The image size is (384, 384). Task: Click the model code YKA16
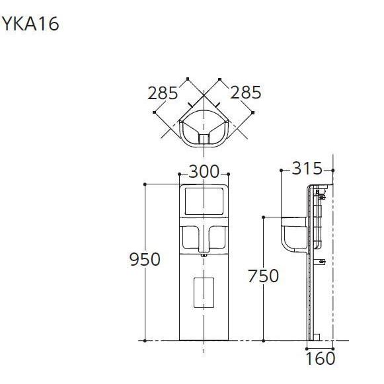tap(30, 24)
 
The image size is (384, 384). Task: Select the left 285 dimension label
tap(163, 93)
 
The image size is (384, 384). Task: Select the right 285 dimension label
tap(246, 93)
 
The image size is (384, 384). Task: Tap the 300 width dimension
tap(204, 172)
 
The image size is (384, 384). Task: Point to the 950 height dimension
tap(144, 259)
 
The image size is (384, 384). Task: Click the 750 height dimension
tap(263, 276)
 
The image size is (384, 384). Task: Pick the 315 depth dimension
tap(307, 169)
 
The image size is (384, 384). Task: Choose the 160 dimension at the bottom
tap(321, 359)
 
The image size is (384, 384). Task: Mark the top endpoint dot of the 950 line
tap(145, 184)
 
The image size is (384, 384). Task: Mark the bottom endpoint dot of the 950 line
tap(145, 340)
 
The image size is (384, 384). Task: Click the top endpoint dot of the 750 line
tap(264, 216)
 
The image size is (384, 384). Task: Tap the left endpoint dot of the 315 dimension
tap(282, 170)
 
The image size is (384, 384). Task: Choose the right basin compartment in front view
tap(217, 235)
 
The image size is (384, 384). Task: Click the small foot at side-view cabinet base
tap(315, 338)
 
